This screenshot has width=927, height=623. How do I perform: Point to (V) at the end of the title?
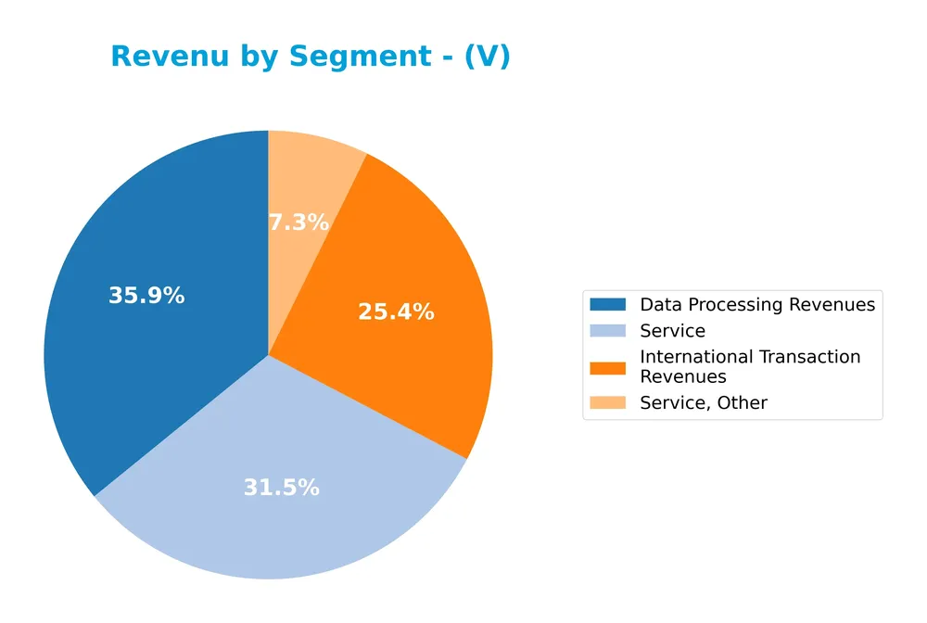(x=486, y=57)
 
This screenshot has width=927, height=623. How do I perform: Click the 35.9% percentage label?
(x=146, y=296)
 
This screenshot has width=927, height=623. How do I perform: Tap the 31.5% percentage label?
(x=281, y=488)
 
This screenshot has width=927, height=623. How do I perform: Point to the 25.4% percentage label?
(x=396, y=312)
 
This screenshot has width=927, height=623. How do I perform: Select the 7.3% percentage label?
(x=298, y=222)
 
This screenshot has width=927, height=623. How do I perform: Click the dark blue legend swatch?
(x=607, y=304)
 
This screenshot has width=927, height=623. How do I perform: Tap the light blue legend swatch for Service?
(x=607, y=331)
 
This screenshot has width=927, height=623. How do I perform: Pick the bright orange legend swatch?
(x=607, y=367)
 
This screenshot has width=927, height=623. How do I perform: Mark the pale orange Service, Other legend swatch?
(x=607, y=402)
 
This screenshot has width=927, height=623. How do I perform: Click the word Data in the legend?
(x=660, y=305)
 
